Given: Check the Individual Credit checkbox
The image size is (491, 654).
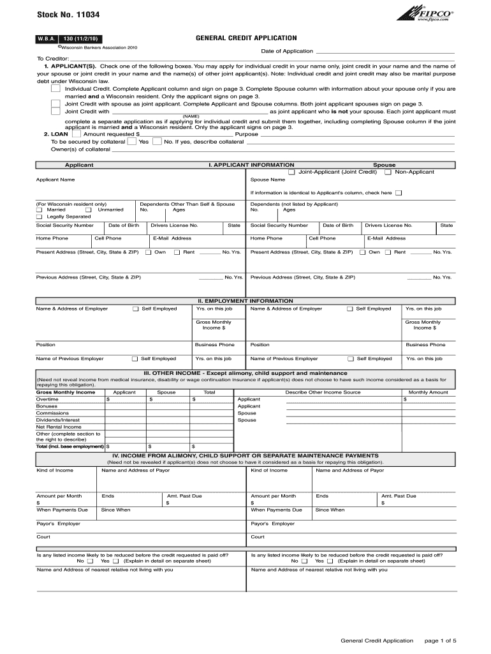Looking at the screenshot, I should pos(55,89).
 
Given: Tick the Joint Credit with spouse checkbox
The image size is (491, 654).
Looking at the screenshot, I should pos(55,103).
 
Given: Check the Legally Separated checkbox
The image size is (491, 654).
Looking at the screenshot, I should pos(40,217).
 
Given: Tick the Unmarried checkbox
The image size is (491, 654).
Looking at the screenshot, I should pos(89,209).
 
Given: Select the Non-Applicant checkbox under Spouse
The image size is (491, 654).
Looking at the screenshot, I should pos(388,172).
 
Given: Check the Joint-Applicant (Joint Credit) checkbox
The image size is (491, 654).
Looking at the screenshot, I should pos(291,172).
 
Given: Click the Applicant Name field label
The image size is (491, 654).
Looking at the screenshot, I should pos(55,179).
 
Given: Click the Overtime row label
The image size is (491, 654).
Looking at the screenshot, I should pos(47,399).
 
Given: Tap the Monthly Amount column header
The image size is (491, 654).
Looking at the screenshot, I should pos(428,392).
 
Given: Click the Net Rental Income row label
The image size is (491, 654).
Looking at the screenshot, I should pos(59,427).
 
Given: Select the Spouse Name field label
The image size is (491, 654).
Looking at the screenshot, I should pos(268,179).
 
